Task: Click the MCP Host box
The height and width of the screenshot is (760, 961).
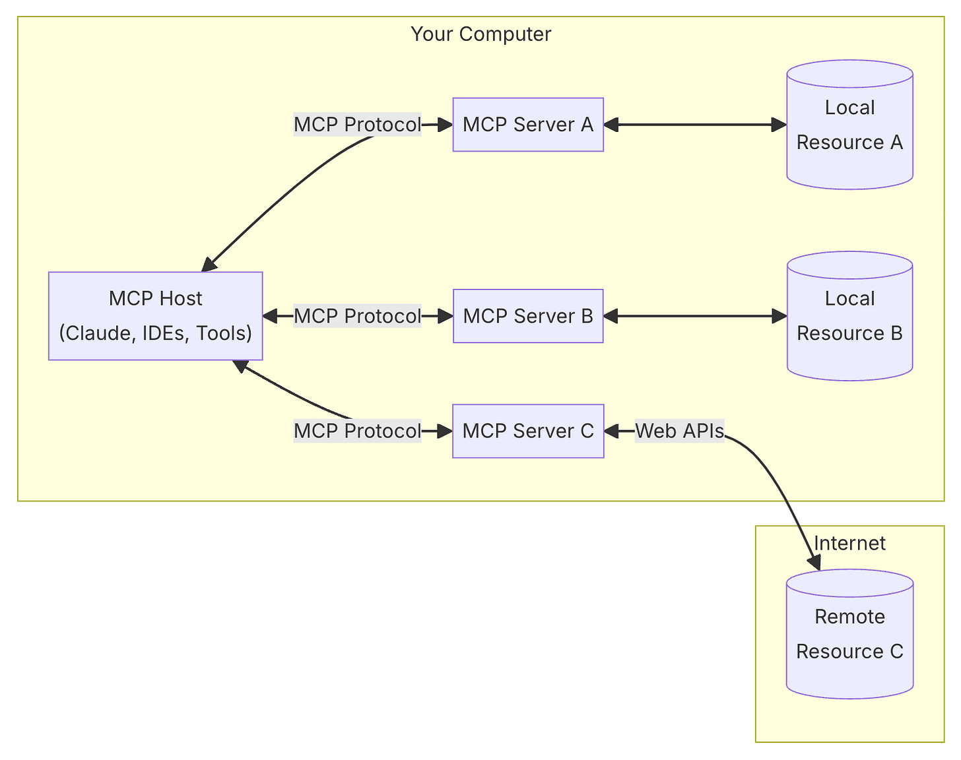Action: [x=155, y=316]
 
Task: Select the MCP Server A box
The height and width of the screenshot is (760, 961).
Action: [x=528, y=125]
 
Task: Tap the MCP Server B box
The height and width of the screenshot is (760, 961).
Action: [x=528, y=316]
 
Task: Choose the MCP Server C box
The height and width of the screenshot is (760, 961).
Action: [x=528, y=431]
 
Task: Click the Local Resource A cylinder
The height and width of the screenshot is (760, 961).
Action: [x=849, y=125]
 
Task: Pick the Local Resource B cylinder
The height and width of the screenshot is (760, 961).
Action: [x=849, y=316]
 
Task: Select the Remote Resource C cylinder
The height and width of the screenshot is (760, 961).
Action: [x=849, y=633]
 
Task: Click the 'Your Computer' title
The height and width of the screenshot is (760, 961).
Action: [x=480, y=34]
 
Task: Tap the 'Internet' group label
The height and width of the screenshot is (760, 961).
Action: [x=849, y=543]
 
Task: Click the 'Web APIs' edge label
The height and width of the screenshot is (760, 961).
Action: [x=679, y=431]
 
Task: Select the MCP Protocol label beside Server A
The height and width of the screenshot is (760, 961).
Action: [x=357, y=124]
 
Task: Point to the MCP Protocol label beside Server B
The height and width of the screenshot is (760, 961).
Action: [x=357, y=316]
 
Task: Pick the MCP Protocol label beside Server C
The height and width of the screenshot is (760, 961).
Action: [x=357, y=431]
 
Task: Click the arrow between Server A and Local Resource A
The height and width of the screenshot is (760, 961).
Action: [x=695, y=125]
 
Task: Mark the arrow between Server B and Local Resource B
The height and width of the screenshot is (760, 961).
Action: [x=695, y=316]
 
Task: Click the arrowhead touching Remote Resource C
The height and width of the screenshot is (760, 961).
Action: [x=814, y=562]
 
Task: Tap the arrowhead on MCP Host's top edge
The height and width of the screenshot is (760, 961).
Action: [x=209, y=265]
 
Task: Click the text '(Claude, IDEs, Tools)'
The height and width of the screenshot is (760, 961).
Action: [x=155, y=333]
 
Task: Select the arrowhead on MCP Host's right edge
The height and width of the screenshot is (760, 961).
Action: [x=270, y=316]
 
